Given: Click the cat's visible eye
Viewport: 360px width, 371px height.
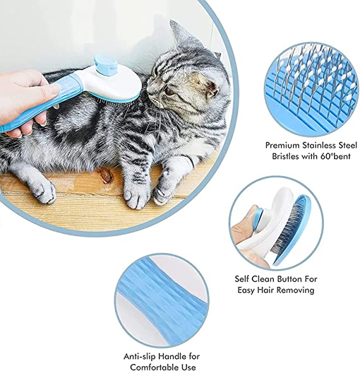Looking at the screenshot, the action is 168,91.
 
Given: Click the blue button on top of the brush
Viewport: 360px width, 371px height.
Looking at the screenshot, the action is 105,63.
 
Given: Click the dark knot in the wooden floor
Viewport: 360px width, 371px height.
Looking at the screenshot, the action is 106,175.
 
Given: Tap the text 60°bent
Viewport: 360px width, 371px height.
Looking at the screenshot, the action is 336,156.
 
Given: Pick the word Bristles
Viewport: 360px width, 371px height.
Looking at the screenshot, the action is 285,156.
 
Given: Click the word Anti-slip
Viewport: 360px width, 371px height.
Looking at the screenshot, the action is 139,356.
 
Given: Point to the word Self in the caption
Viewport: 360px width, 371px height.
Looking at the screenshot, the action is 242,279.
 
